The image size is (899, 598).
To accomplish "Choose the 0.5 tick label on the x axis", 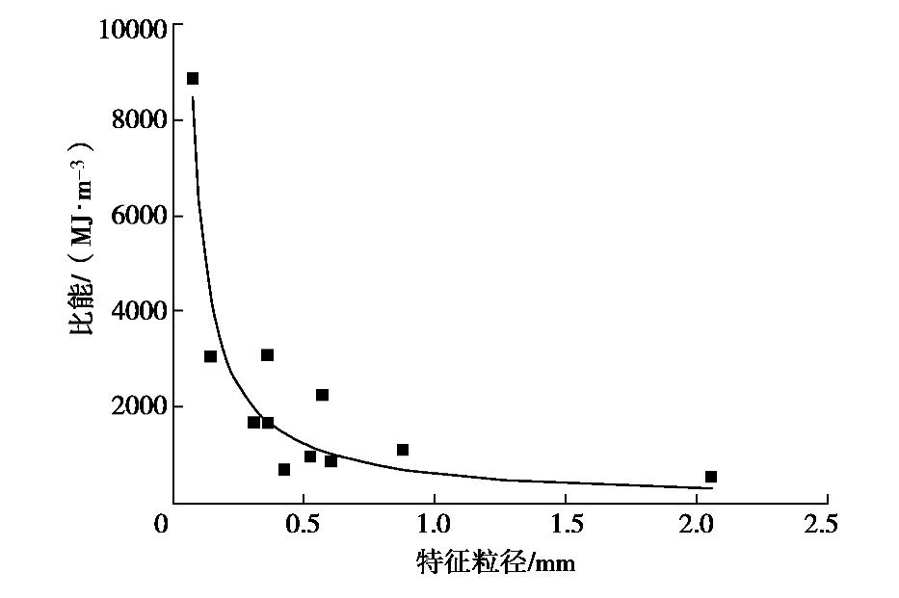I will point(303,526).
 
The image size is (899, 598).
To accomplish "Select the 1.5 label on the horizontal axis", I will point(565,526).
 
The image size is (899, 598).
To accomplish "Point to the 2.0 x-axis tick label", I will point(696,526).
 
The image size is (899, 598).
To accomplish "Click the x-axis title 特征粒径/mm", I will point(495,561).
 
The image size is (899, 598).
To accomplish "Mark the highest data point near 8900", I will point(193,79).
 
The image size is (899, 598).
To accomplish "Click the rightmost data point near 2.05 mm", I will point(711,477).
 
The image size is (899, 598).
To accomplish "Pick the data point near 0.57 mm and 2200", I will point(322,395).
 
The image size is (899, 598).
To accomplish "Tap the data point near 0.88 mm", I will point(403,450).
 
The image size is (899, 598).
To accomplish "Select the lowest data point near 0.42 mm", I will point(284,470).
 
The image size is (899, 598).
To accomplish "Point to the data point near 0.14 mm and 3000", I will point(210,356).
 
